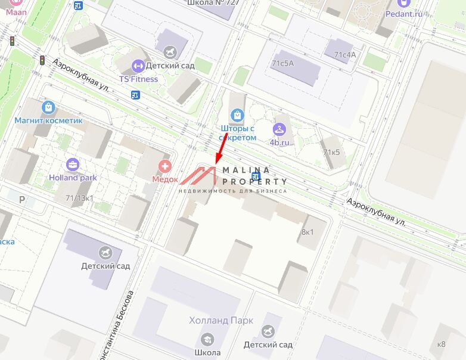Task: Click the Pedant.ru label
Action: (x=404, y=14)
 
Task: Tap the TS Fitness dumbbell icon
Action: (x=138, y=66)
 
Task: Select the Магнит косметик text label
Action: (x=49, y=120)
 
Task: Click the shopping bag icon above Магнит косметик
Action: (x=48, y=107)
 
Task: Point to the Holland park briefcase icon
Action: (x=73, y=165)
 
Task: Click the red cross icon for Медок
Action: (x=164, y=166)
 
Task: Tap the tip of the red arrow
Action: (x=216, y=163)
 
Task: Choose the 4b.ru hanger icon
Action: (x=279, y=129)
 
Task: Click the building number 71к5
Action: (x=331, y=152)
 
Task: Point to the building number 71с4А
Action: (x=344, y=55)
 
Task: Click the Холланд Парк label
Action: (x=221, y=321)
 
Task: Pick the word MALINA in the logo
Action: (x=246, y=170)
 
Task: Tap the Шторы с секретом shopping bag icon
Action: (x=238, y=114)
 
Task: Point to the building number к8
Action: (x=441, y=344)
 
